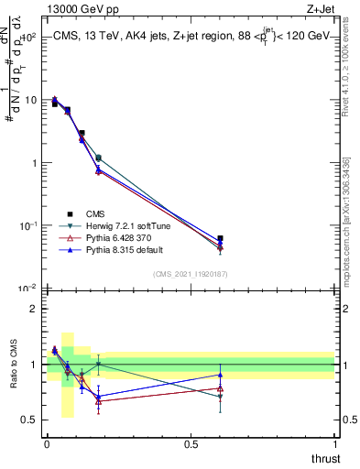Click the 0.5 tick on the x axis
click(191, 444)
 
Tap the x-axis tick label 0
click(47, 444)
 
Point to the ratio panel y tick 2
click(34, 309)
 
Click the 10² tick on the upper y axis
click(29, 38)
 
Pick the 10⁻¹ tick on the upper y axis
click(29, 225)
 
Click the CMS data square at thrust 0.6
click(220, 238)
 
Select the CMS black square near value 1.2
click(98, 158)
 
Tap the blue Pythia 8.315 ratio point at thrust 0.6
click(220, 375)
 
